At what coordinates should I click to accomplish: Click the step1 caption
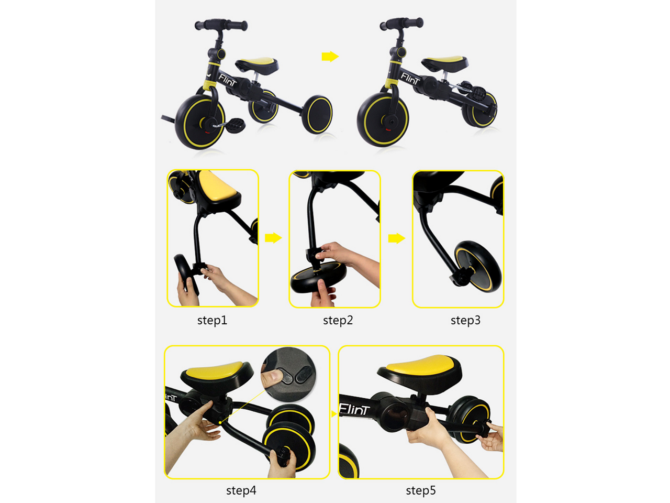click(212, 321)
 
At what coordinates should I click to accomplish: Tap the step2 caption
click(338, 321)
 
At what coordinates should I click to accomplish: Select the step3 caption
click(465, 321)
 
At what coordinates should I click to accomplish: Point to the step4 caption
click(241, 491)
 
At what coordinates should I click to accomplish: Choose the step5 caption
click(421, 491)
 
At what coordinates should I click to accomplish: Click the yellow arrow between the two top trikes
click(330, 57)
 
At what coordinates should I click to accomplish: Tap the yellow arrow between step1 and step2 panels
click(273, 238)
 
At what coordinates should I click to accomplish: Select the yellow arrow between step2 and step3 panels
click(397, 238)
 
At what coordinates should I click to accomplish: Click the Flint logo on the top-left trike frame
click(227, 80)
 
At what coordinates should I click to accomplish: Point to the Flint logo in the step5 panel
click(354, 409)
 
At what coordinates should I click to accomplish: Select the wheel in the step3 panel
click(477, 266)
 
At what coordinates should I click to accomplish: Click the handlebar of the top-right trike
click(401, 24)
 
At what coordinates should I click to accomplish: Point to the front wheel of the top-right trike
click(383, 119)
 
